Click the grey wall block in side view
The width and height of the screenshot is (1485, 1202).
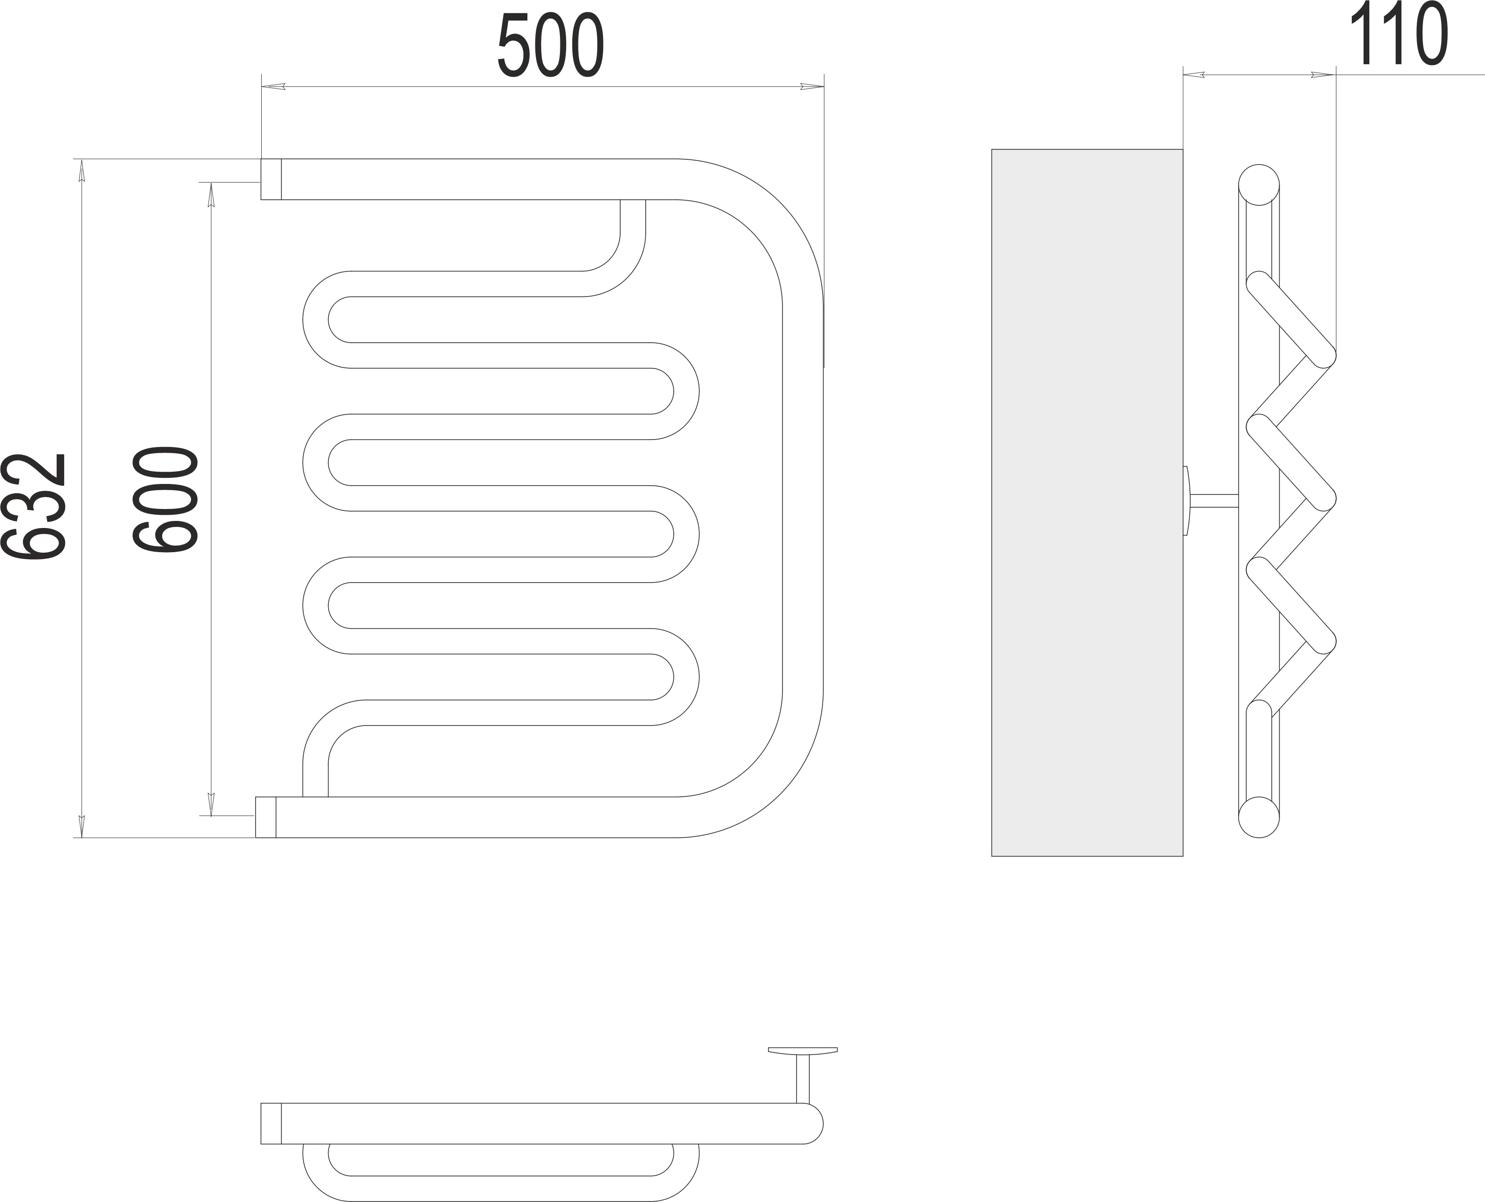(x=1087, y=503)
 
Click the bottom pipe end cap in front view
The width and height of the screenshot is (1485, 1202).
(x=266, y=817)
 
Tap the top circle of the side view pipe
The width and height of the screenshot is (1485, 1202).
(x=1258, y=185)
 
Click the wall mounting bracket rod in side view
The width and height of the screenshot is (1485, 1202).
(x=1214, y=501)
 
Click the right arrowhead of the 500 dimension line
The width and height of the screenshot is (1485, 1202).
(x=812, y=87)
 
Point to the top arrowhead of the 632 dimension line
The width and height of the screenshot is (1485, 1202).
(x=82, y=171)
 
